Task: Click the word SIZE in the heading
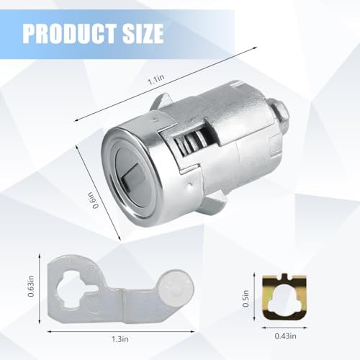(x=141, y=33)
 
